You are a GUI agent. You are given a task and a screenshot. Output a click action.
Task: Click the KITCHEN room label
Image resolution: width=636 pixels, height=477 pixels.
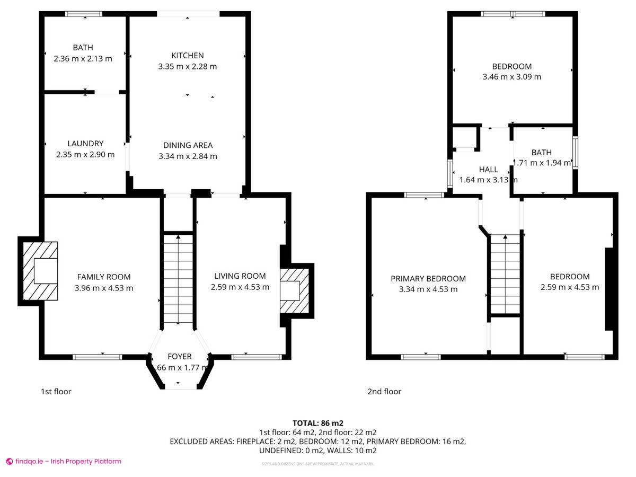pos(187,55)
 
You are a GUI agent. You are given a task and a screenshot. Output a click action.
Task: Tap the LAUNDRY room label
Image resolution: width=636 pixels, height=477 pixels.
pos(85,143)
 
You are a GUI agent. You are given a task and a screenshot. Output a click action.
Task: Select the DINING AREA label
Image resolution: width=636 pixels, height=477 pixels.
pos(188,145)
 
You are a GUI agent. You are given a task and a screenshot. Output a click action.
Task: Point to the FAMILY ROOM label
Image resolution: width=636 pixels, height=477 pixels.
pos(104,277)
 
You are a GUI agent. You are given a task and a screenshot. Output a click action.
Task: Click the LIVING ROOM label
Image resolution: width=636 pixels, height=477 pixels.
pos(240,276)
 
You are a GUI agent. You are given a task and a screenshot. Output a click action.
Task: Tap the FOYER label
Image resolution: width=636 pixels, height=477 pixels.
pos(180,356)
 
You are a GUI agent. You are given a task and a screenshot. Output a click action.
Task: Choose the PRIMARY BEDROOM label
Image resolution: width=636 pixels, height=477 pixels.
pos(428,278)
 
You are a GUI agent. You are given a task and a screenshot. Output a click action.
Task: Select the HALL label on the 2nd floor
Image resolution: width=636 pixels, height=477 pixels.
pos(488,170)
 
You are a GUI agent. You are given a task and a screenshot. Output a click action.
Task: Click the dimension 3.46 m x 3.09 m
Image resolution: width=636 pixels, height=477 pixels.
pos(511,77)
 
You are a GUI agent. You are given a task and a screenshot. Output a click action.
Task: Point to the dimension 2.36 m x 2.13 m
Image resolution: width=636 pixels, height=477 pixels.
pos(83,59)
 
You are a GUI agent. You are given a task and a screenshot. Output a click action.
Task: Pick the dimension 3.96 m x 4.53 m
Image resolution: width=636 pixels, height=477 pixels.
pos(104,288)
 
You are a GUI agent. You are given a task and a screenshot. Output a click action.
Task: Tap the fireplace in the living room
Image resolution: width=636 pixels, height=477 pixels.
pos(294,290)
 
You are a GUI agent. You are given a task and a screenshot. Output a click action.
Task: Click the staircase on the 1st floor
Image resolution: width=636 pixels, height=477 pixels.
pos(178,279)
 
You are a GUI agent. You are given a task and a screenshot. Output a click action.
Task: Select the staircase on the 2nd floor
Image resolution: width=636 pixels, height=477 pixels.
pos(505,275)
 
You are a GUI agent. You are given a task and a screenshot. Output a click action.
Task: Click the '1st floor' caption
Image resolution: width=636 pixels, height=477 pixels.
pos(56,392)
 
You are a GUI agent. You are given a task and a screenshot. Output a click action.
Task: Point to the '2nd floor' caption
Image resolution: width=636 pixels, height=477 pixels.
pos(384,392)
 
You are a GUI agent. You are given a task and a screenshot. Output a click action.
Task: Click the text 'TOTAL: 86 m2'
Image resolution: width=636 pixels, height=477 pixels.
pos(318,423)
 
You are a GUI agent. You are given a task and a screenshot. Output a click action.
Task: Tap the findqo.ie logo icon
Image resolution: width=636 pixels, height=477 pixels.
pos(9,462)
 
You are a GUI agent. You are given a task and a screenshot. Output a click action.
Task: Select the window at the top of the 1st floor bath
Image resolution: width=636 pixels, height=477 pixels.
pos(84,14)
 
